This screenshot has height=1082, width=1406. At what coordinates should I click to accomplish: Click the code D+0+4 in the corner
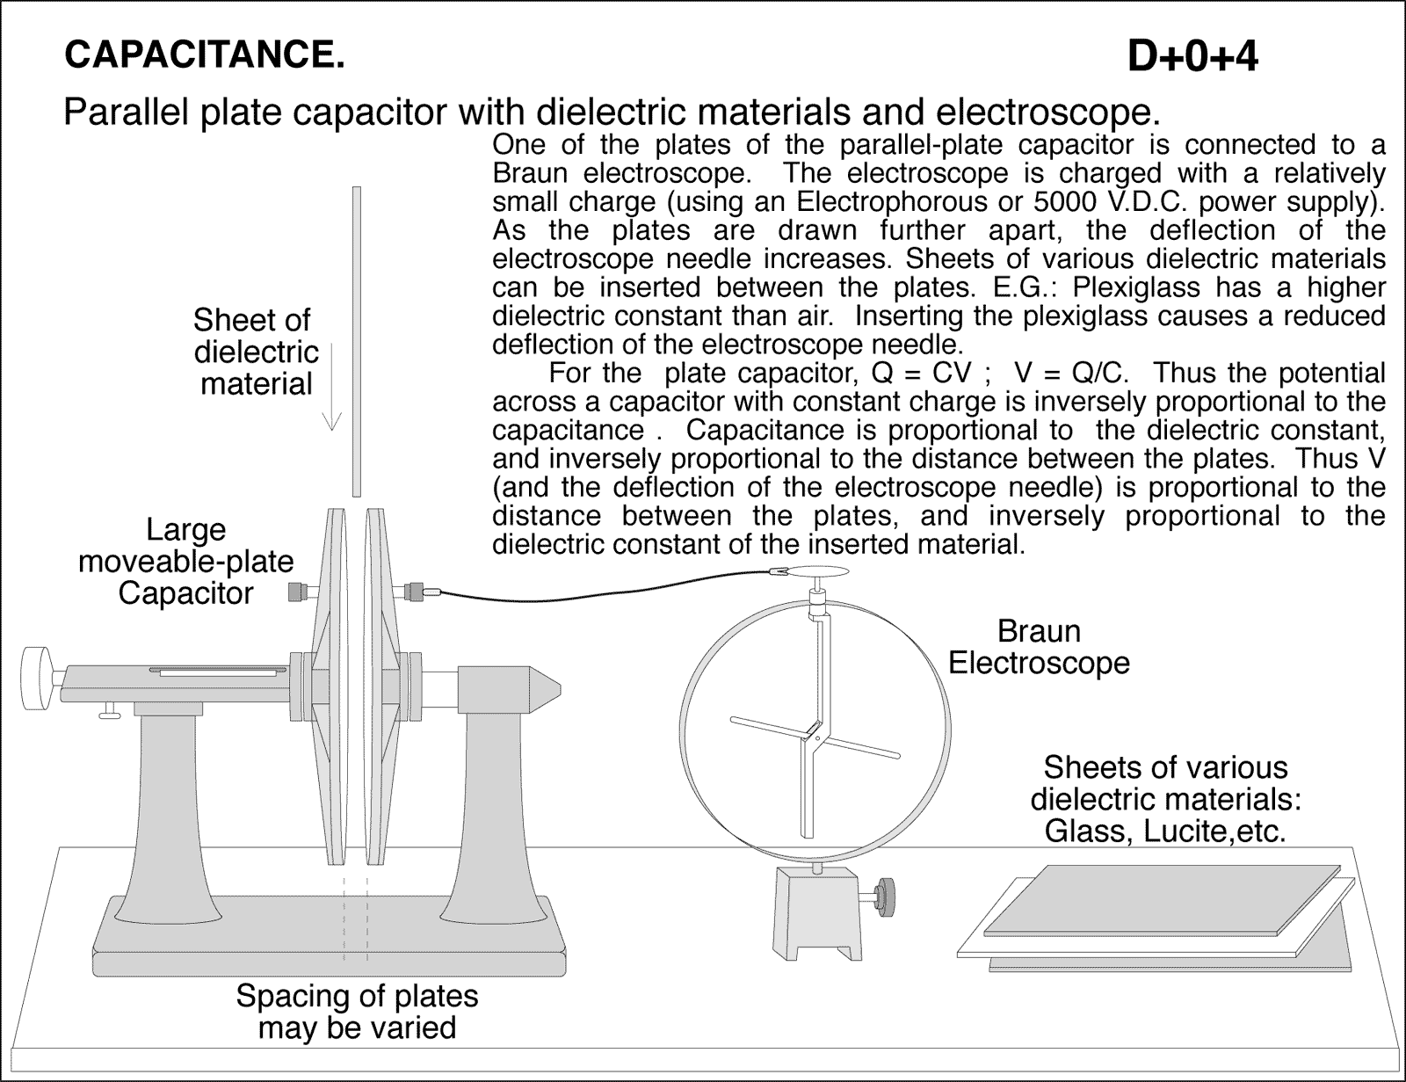coord(1192,57)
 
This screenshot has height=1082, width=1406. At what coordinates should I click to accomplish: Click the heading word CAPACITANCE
coord(204,54)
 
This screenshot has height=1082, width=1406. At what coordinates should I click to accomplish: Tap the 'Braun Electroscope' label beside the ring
coord(1039,647)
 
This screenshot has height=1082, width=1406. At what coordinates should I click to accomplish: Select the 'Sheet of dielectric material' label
coord(256,352)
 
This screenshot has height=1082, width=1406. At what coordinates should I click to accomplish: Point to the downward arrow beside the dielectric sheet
coord(331,387)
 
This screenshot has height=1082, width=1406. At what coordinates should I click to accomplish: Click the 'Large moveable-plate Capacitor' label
coord(185,562)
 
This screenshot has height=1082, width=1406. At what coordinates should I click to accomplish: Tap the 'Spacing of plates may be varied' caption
coord(357,1012)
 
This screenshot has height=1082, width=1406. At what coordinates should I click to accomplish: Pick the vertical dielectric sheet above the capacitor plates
coord(356,343)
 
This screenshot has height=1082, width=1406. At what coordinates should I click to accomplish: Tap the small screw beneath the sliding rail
coord(110,712)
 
